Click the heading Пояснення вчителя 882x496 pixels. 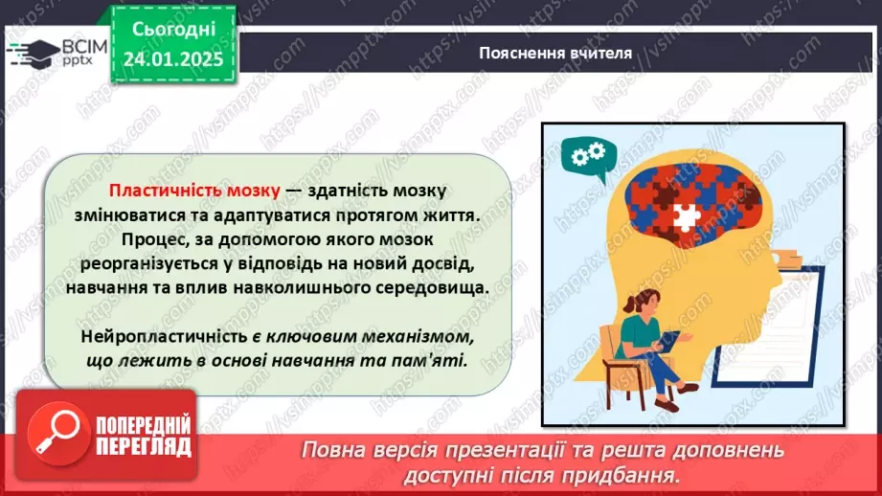click(x=555, y=53)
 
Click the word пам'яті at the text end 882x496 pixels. click(x=431, y=360)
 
